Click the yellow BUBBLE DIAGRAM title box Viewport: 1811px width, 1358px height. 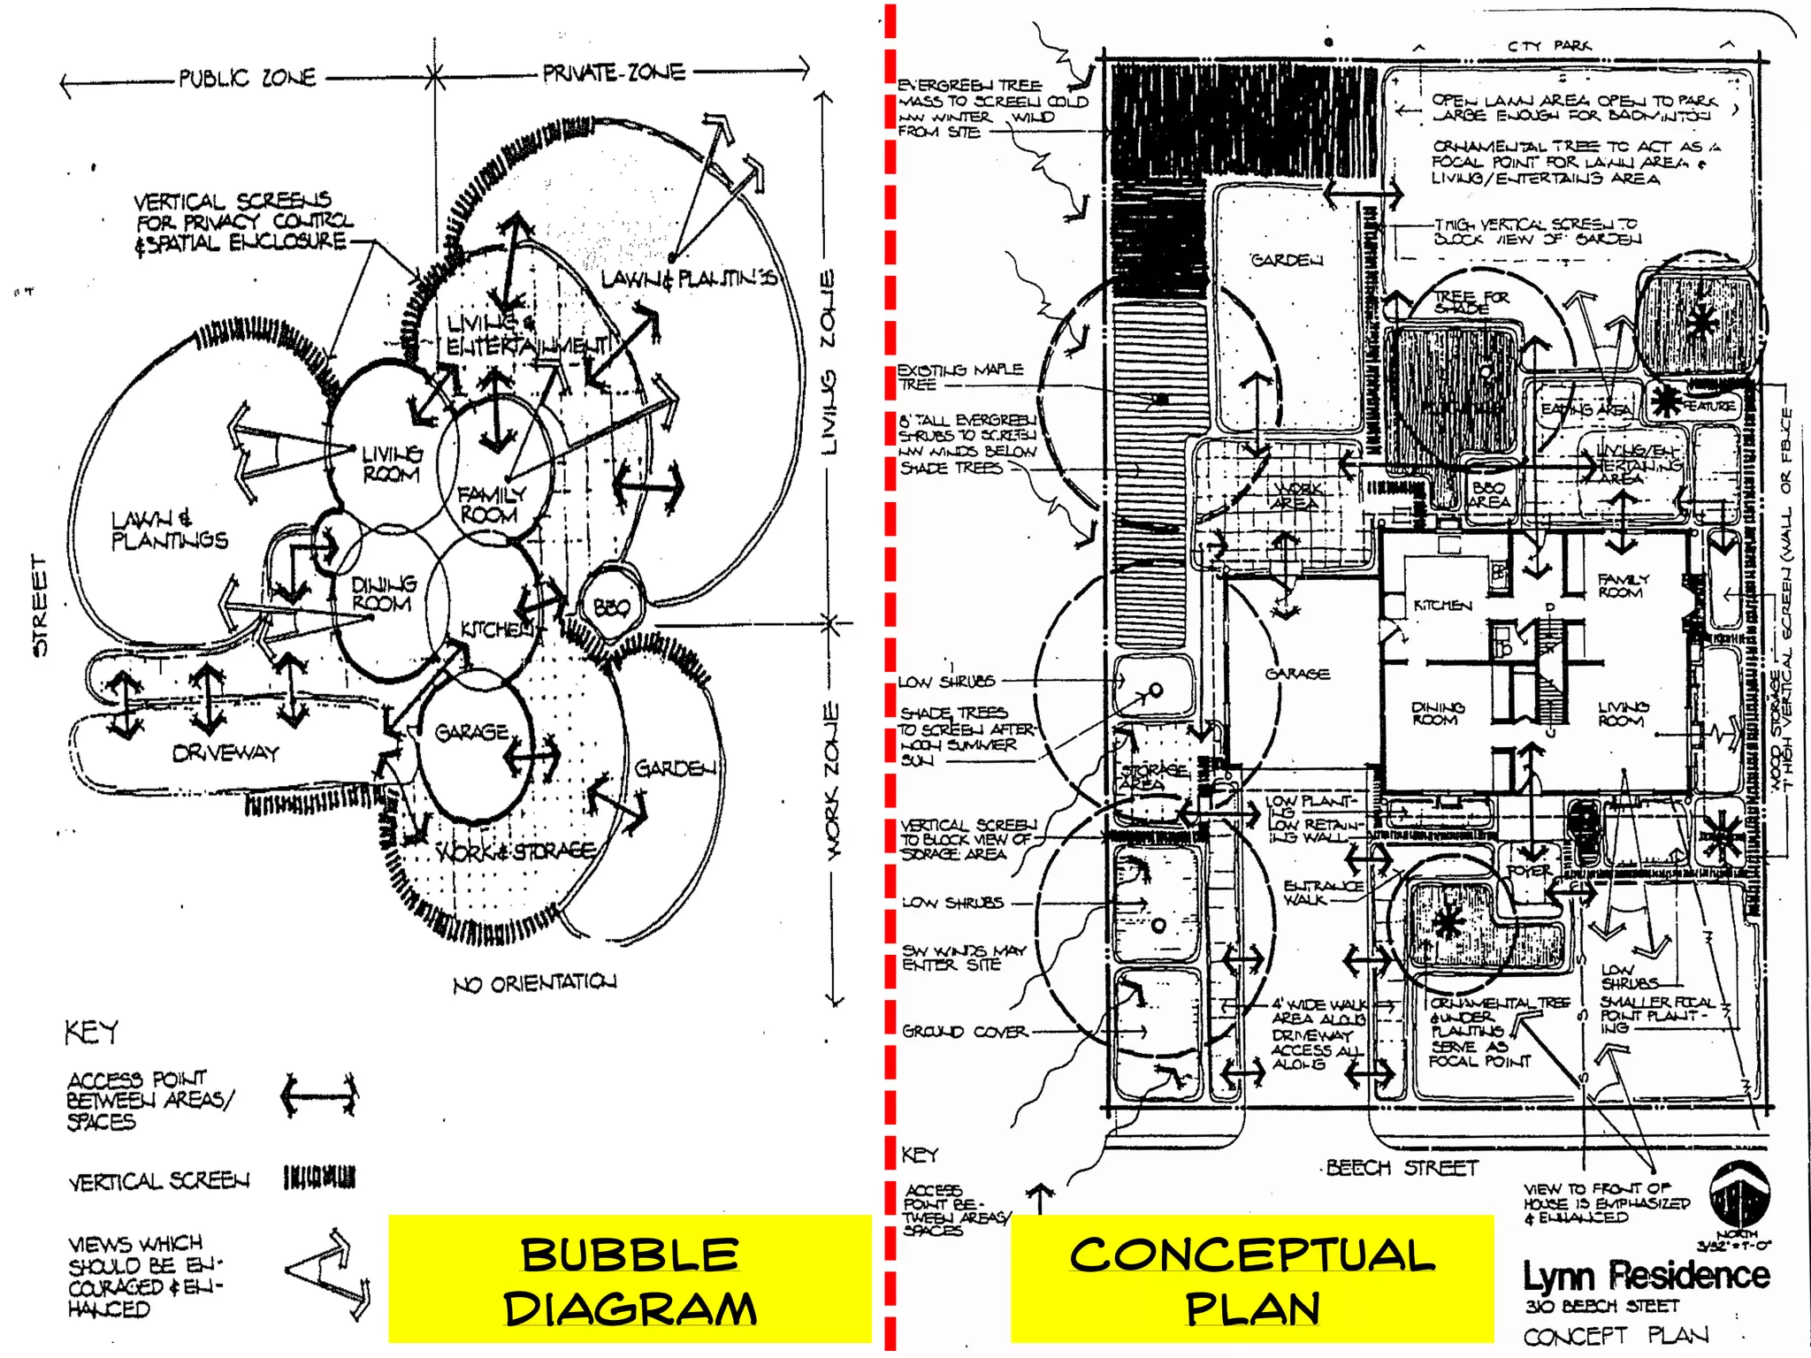630,1279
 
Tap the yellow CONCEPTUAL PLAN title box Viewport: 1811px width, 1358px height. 1252,1279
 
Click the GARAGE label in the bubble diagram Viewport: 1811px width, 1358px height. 472,732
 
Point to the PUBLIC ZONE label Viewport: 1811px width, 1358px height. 247,78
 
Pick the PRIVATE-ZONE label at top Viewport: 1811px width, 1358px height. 614,72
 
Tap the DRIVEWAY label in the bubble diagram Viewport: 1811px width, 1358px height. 225,753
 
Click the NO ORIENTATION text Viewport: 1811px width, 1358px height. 535,983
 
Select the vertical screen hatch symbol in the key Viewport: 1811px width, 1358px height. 319,1178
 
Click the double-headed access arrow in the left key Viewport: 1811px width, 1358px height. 319,1097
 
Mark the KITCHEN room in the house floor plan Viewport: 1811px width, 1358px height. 1442,606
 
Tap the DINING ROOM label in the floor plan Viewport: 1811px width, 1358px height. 1437,713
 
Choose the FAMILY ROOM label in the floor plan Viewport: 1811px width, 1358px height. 1623,585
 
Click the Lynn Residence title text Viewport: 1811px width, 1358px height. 1646,1276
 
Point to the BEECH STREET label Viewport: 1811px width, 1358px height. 1402,1168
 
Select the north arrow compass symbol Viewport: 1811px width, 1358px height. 1738,1194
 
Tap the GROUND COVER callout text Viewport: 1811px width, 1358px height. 964,1032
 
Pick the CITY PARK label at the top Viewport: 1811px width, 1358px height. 1549,45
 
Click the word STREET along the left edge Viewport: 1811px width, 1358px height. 39,606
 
